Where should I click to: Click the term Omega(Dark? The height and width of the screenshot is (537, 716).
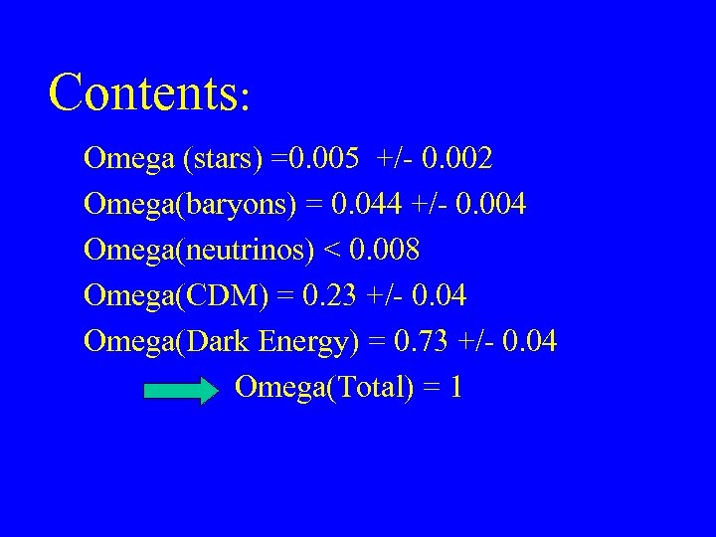168,342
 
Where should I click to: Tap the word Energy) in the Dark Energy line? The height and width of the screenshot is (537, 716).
308,343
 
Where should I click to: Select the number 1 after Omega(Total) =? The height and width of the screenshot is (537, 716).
455,388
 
